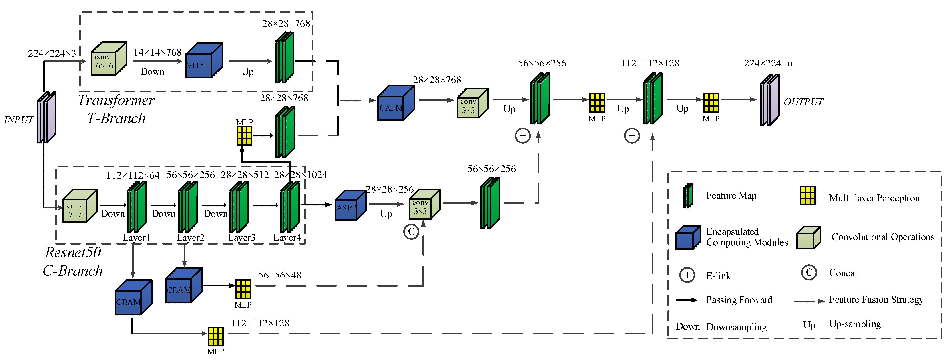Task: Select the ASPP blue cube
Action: (350, 206)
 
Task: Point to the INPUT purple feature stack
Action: (46, 117)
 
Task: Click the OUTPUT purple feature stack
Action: (769, 100)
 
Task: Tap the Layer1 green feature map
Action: (137, 207)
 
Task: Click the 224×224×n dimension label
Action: (768, 63)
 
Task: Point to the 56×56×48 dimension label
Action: (279, 275)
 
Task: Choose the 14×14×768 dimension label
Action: (157, 52)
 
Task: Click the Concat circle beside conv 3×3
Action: (411, 232)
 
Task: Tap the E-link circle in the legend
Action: (687, 275)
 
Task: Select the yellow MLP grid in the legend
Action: (808, 195)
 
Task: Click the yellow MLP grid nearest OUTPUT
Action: (711, 103)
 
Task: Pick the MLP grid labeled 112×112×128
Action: (215, 336)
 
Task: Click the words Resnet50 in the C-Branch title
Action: (73, 253)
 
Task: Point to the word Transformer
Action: (116, 100)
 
